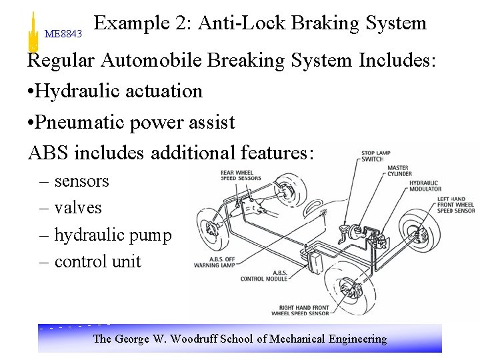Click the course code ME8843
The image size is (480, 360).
(x=63, y=33)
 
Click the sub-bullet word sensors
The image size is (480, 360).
(x=81, y=181)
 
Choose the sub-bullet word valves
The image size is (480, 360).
(x=78, y=208)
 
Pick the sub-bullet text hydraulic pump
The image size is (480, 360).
(x=113, y=235)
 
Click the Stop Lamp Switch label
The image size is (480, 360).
(x=377, y=156)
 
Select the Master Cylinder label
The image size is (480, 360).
(x=399, y=171)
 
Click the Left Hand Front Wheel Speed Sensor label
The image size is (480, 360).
(x=455, y=205)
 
